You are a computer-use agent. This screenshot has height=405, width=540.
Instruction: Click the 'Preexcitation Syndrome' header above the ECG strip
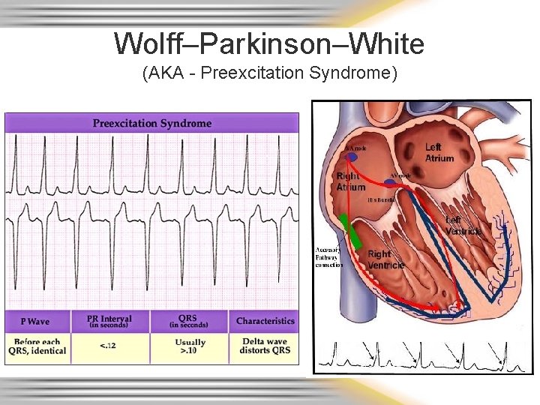click(x=151, y=123)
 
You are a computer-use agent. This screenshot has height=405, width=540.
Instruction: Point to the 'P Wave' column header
click(x=35, y=321)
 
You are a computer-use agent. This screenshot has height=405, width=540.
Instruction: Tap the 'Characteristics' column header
click(x=265, y=321)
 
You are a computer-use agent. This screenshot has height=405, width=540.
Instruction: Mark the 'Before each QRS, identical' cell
click(x=37, y=346)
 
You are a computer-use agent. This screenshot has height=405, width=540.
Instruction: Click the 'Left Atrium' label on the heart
click(x=439, y=152)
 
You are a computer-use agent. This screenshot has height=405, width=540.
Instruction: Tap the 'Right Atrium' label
click(x=350, y=181)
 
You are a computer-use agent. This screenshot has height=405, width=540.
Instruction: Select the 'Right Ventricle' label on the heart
click(x=385, y=259)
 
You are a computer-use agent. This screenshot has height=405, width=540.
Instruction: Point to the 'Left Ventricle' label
click(x=463, y=225)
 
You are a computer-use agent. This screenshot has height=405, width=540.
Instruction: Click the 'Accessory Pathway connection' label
click(x=328, y=256)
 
